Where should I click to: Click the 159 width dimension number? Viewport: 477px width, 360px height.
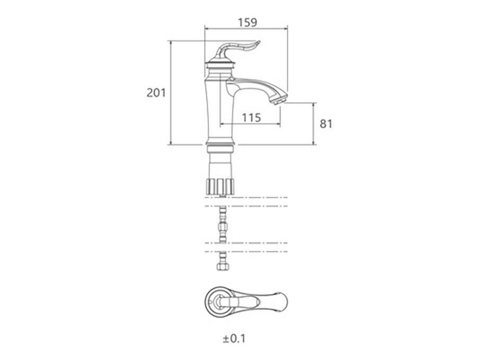(x=248, y=22)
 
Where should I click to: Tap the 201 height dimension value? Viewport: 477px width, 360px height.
(x=156, y=92)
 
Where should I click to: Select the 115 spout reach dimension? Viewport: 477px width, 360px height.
(x=251, y=117)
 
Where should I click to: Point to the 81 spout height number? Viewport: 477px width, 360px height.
(x=326, y=124)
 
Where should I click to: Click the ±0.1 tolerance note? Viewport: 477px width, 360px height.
(x=234, y=338)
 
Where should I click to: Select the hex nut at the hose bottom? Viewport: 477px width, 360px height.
(x=223, y=266)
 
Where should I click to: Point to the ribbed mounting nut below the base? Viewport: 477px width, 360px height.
(x=220, y=187)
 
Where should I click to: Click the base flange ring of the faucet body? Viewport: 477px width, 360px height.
(x=221, y=143)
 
